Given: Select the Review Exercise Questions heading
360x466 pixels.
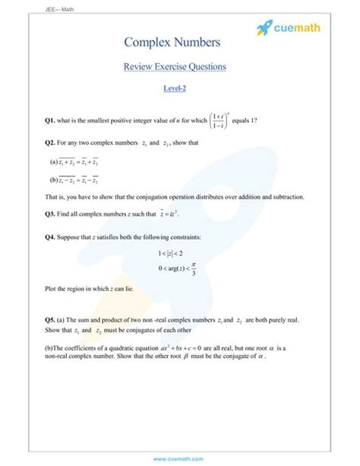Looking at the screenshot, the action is [175, 67].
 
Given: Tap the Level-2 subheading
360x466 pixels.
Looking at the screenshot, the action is [175, 89].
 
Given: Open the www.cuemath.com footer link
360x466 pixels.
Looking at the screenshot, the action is [179, 458].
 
